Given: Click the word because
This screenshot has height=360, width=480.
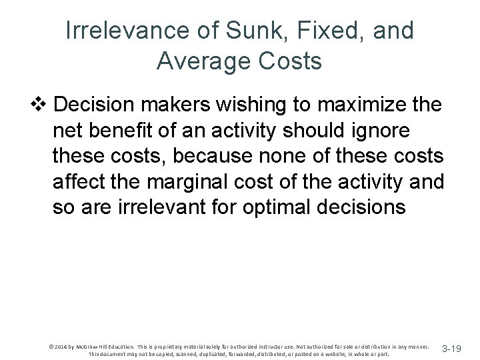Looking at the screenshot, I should [215, 156].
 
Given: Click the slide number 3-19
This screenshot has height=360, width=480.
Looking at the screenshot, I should [451, 349].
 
